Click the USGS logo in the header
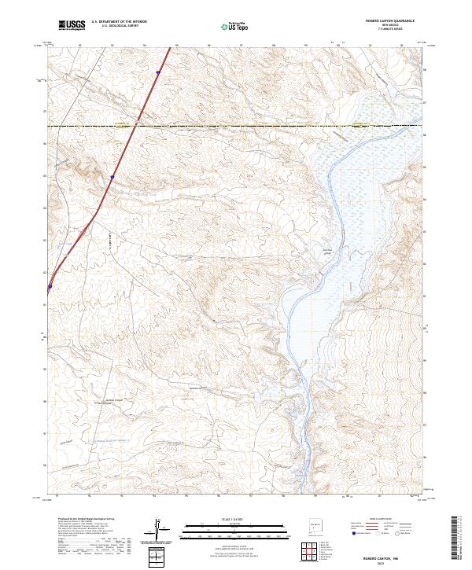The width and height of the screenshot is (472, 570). (x=72, y=26)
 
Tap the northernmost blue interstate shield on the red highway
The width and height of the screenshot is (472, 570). (x=158, y=73)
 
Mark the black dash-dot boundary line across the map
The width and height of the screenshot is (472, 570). (x=236, y=125)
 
